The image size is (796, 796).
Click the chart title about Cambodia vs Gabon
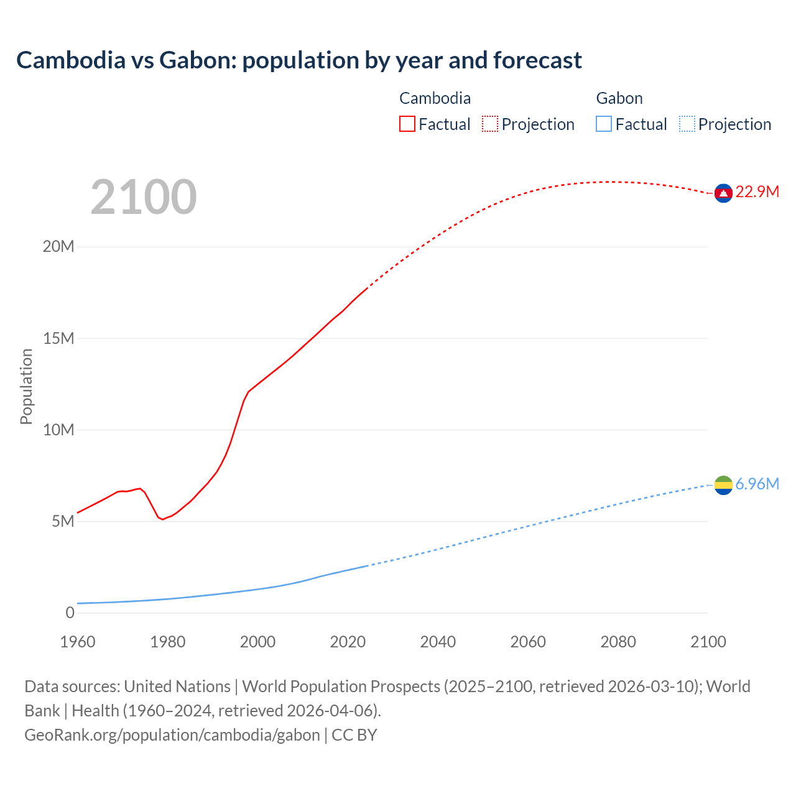299,60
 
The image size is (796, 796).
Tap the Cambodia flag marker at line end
723,193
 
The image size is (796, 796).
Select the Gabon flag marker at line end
723,485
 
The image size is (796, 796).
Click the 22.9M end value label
757,192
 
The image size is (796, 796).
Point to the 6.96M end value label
757,484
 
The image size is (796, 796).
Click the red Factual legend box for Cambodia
407,124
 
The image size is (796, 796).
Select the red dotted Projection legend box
490,124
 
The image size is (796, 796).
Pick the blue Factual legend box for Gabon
604,124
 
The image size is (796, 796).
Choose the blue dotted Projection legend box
687,124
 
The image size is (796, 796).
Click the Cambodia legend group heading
435,98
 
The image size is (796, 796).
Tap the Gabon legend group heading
619,98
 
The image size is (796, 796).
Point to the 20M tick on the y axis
58,247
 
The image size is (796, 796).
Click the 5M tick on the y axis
63,521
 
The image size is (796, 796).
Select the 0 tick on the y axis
70,613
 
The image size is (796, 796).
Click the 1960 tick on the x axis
78,642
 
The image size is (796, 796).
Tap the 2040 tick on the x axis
438,642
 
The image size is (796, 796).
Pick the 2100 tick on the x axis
708,642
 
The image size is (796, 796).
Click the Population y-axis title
26,386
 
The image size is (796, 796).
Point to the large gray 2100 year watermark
144,197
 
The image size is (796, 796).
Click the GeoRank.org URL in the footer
172,734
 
